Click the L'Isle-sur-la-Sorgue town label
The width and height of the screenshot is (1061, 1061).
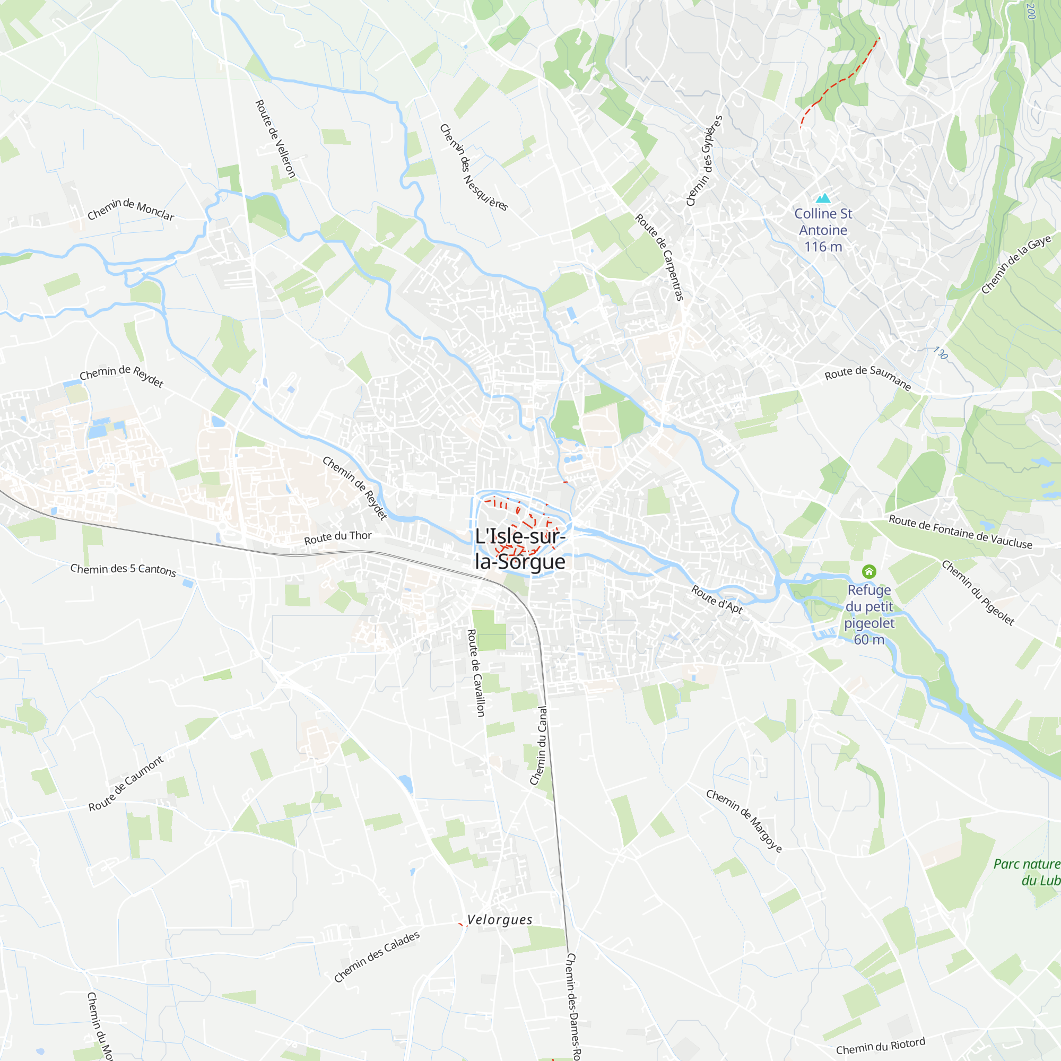519,549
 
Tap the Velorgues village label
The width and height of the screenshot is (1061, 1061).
500,920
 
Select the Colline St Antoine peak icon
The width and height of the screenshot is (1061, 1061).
823,198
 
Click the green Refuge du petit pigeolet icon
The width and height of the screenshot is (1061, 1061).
869,572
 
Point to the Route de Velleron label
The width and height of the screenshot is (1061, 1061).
276,139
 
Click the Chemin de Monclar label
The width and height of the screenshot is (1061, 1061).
131,209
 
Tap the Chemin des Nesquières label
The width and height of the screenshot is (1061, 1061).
474,168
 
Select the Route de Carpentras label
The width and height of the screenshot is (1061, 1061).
659,257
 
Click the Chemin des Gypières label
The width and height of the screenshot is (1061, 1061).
704,160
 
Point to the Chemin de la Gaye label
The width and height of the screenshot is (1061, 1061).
1016,264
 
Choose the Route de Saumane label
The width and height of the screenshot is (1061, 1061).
868,377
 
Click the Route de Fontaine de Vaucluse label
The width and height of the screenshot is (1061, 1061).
961,532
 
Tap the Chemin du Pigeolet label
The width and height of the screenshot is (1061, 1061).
978,593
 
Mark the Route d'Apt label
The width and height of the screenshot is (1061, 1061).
717,599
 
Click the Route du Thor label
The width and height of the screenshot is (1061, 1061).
338,537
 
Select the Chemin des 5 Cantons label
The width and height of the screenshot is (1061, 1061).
123,570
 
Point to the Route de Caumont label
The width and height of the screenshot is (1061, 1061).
126,784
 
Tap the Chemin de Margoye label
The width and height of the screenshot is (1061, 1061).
744,821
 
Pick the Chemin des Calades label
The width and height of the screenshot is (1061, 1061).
377,956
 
